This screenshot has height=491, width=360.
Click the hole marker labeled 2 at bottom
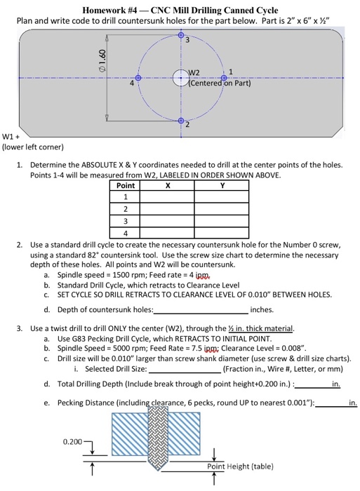point(181,121)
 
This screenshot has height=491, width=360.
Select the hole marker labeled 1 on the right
point(225,78)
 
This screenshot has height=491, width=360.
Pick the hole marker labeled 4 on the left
point(138,79)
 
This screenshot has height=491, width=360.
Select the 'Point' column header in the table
point(125,186)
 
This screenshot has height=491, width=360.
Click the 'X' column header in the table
point(166,186)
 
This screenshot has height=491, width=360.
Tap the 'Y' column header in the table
point(222,186)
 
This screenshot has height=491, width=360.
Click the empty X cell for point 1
point(166,197)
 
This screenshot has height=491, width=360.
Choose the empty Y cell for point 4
point(222,232)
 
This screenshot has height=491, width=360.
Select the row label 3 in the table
point(125,221)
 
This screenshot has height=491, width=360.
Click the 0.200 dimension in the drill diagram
point(72,443)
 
